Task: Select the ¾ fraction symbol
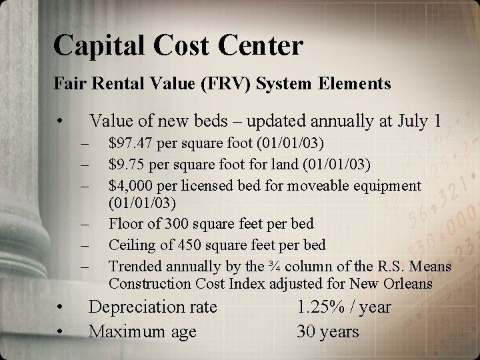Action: coord(271,266)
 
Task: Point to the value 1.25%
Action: coord(321,307)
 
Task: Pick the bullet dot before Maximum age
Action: coord(60,331)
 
